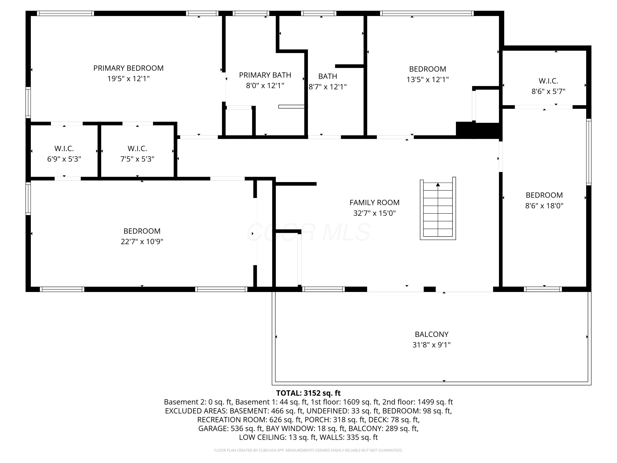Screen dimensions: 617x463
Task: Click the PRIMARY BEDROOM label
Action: (128, 68)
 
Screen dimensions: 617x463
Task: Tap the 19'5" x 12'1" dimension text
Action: (128, 79)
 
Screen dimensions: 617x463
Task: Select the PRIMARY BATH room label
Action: (265, 75)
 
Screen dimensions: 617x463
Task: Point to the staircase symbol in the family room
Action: (438, 208)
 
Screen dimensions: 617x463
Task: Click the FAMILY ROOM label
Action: (374, 203)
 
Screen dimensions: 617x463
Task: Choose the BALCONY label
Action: (431, 334)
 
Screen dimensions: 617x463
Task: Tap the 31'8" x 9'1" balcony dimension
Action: (431, 345)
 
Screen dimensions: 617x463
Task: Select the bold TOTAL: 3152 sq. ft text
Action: (308, 393)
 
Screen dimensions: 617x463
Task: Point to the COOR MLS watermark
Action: (308, 232)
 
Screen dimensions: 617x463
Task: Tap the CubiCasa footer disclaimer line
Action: (308, 450)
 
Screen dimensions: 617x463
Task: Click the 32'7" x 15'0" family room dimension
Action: (374, 213)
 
